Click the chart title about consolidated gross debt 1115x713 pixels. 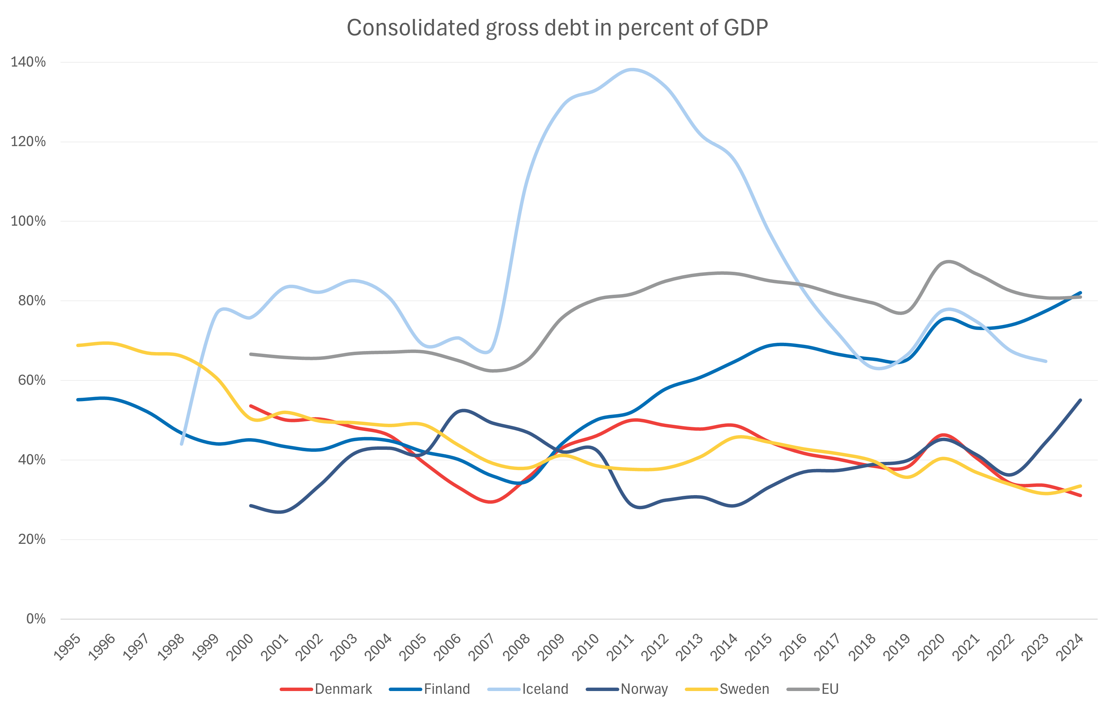557,28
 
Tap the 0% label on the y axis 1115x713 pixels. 36,619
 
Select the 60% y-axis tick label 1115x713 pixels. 32,380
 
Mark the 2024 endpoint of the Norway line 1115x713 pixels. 1080,400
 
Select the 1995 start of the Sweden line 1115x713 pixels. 78,346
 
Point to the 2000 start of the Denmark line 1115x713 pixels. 250,406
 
